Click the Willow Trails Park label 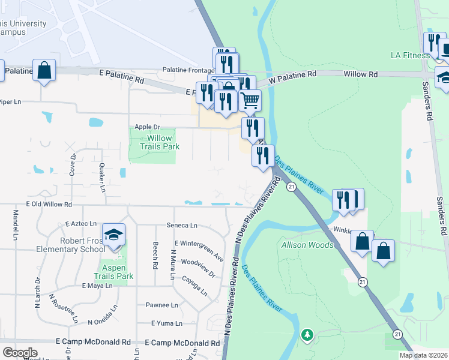[160, 142]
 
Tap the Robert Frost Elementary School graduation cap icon [113, 235]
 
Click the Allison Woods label [308, 245]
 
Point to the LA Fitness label [411, 55]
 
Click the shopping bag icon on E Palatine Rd [44, 70]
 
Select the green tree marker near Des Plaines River [307, 334]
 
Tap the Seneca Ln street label [182, 225]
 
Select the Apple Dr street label [147, 127]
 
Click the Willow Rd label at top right [360, 74]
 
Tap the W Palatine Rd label [292, 76]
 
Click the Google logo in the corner [20, 353]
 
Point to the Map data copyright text [423, 355]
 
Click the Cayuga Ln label [195, 286]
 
